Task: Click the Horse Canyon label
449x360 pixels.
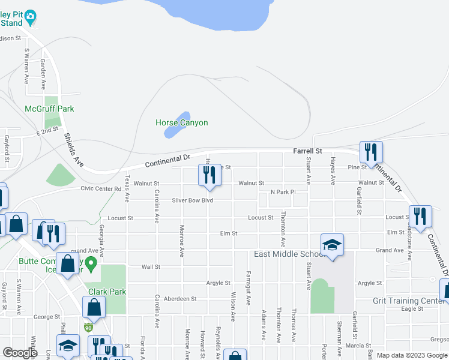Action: point(181,123)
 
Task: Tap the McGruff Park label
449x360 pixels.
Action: point(49,109)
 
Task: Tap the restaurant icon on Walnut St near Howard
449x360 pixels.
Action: point(209,174)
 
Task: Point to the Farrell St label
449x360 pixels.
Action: point(307,152)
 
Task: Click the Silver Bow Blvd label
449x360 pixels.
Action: point(192,200)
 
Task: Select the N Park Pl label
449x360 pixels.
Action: point(283,192)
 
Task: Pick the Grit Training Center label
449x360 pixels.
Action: point(409,301)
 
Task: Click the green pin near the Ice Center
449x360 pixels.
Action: point(91,263)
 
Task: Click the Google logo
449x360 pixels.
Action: point(20,353)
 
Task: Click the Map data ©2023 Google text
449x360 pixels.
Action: point(412,355)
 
